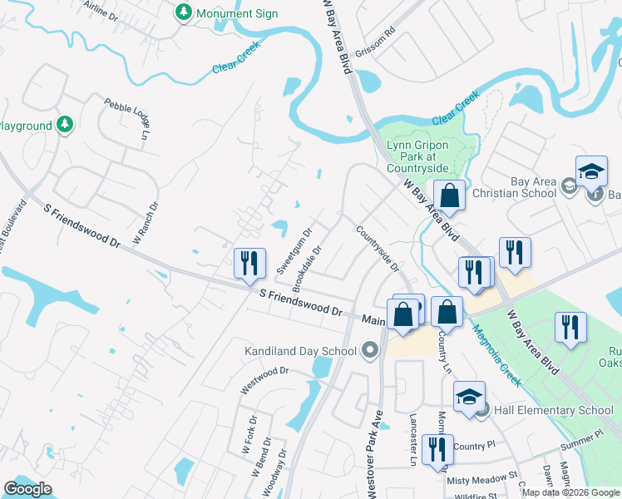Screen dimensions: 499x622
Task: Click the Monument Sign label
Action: (x=237, y=13)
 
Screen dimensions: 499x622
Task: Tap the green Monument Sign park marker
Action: (x=184, y=13)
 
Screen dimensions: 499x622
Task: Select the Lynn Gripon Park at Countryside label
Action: (x=417, y=156)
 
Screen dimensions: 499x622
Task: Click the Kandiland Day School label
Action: (x=301, y=350)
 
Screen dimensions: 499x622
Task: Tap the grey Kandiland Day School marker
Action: (x=371, y=350)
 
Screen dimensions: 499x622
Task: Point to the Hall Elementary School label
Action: (x=553, y=410)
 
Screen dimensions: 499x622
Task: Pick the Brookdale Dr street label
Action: (x=309, y=261)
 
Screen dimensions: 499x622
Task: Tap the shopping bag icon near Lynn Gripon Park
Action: (x=449, y=197)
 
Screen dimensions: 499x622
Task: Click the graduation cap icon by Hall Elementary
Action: (x=469, y=396)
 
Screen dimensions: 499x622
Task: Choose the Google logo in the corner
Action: (x=28, y=489)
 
